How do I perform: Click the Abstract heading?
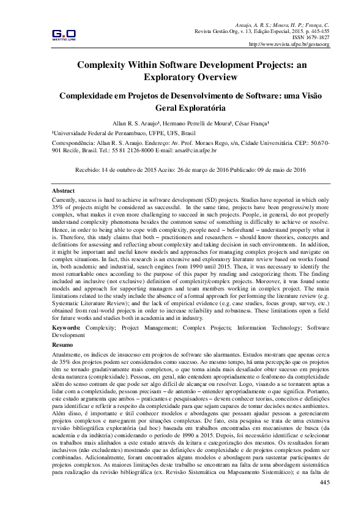click(x=64, y=191)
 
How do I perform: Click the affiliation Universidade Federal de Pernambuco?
click(x=101, y=132)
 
